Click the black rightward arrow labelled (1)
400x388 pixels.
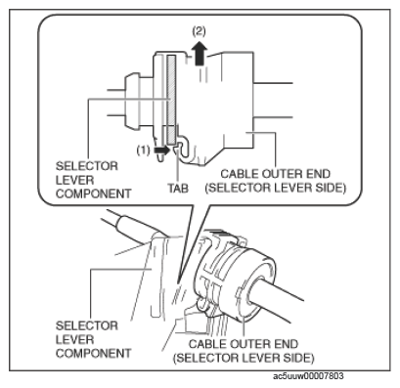tap(161, 151)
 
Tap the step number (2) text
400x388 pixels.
tap(200, 31)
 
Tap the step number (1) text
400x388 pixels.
tap(143, 151)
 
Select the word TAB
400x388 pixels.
tap(178, 188)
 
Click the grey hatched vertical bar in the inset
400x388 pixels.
tap(171, 100)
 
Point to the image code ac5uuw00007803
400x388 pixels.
tap(308, 376)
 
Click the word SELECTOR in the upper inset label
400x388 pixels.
tap(87, 166)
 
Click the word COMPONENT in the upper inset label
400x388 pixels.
tap(94, 194)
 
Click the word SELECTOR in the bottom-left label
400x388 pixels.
tap(87, 325)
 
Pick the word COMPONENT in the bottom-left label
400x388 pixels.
tap(94, 354)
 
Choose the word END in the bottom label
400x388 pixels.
tap(286, 344)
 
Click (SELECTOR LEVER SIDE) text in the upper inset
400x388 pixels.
tap(276, 189)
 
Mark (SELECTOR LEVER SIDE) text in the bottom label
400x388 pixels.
tap(244, 358)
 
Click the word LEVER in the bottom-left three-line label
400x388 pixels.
tap(74, 340)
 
